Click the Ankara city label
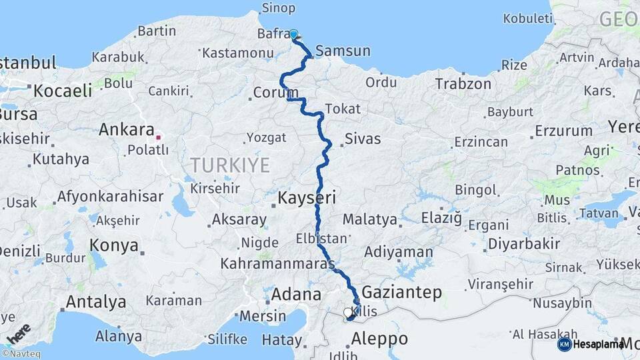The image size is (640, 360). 127,129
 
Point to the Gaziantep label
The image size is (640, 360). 401,292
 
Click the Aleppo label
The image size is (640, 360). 379,339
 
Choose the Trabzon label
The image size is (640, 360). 463,84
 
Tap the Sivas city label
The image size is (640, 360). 363,139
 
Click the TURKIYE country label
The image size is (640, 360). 230,165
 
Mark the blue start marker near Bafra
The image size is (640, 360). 293,33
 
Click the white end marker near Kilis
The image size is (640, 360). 347,312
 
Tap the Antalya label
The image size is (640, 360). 96,302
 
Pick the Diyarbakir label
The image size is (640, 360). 524,244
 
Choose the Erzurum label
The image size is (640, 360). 563,131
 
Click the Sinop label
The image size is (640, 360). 279,8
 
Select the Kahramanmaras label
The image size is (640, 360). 277,264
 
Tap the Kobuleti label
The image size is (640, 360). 527,18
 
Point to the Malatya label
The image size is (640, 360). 370,219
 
